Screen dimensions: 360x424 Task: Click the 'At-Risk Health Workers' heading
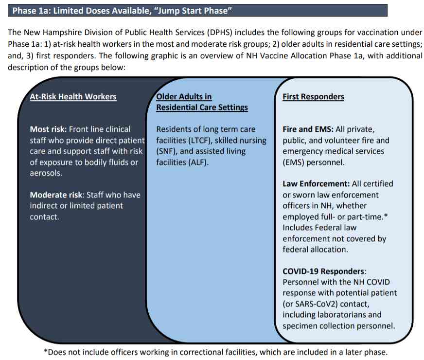point(73,96)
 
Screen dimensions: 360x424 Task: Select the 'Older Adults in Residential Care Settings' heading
point(201,102)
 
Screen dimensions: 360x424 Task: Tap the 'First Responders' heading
point(313,96)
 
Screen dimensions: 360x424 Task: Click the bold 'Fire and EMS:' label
point(307,129)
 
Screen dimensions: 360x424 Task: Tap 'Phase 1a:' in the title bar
point(30,10)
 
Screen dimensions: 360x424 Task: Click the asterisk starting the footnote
point(45,352)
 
